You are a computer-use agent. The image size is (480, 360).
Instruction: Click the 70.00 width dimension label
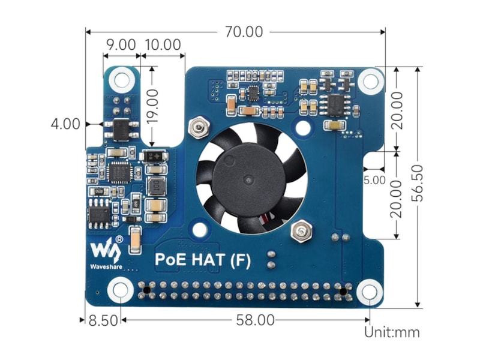point(244,32)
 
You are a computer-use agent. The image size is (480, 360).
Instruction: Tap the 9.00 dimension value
point(120,44)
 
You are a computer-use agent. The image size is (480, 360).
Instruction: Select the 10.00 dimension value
point(163,44)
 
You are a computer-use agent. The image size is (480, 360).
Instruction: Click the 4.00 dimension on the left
point(65,124)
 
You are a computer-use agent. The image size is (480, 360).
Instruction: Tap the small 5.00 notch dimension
point(374,179)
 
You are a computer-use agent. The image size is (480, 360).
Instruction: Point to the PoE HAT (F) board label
point(203,260)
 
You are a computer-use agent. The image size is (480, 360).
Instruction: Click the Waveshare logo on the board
point(105,251)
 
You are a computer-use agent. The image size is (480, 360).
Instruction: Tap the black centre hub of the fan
point(245,178)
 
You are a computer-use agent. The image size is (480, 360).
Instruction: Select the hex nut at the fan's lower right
point(298,231)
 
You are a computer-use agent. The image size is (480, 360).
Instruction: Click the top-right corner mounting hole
point(370,80)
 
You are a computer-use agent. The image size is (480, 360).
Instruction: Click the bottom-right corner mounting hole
point(370,293)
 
